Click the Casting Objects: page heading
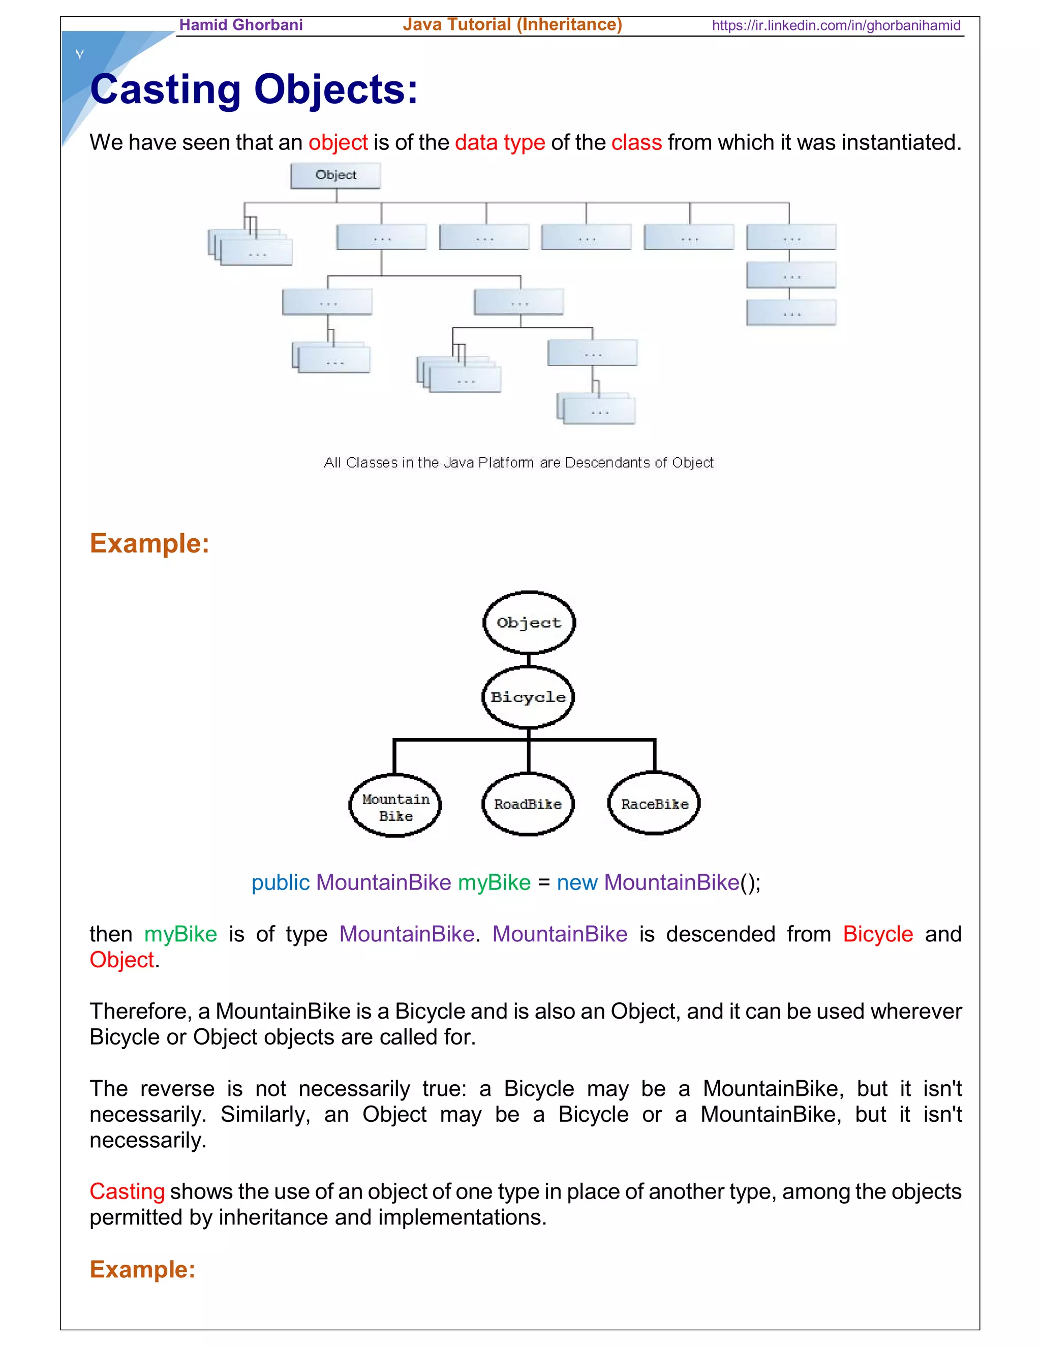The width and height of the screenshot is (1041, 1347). point(254,89)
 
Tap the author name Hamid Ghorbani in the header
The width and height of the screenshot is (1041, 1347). point(240,25)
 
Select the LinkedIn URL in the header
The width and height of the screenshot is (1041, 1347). point(836,26)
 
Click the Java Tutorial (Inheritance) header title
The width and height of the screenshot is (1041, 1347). point(512,25)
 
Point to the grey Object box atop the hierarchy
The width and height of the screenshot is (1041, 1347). point(335,176)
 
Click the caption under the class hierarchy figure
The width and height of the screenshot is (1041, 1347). point(518,463)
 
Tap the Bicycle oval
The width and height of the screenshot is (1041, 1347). point(528,697)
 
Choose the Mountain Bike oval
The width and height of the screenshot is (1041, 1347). point(395,806)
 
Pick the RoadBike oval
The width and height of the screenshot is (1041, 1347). point(528,804)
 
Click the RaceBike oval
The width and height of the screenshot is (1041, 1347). point(654,804)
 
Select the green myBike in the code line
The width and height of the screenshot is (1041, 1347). point(494,882)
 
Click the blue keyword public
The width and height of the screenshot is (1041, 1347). point(280,882)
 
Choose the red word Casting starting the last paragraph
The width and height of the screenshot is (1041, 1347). point(127,1191)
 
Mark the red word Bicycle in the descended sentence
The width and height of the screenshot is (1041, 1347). point(877,934)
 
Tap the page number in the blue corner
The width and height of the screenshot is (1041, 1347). point(79,54)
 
